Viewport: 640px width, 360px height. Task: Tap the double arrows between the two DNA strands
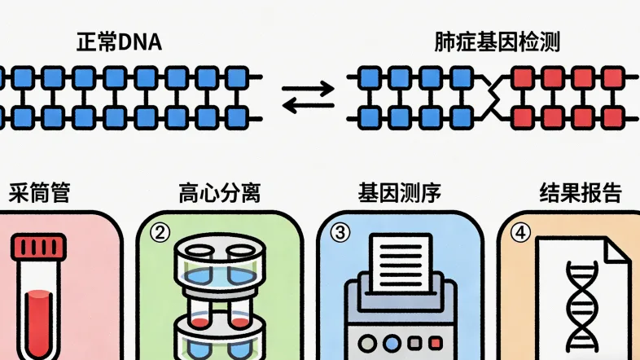[x=308, y=97]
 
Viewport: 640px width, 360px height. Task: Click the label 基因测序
[x=399, y=194]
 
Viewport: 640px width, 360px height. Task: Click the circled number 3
[x=340, y=233]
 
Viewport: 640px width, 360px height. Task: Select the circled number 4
[x=520, y=233]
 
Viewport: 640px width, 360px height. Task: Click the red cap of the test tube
[x=38, y=247]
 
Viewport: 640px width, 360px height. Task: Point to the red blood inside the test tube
[x=38, y=322]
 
